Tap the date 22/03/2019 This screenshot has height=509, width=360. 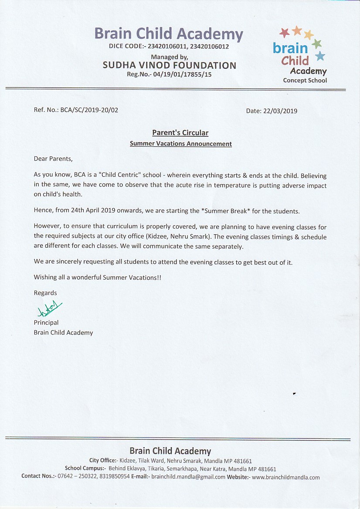click(280, 111)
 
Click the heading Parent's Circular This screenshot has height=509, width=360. click(180, 133)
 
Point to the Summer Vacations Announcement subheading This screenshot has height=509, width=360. click(180, 144)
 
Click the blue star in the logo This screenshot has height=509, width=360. click(320, 56)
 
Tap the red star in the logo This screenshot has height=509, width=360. click(285, 32)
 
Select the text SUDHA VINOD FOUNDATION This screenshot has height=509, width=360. click(169, 65)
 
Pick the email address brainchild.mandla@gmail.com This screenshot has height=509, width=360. click(188, 477)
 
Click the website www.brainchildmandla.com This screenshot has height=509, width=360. click(286, 477)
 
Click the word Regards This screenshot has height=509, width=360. click(45, 293)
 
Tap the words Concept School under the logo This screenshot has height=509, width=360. click(305, 81)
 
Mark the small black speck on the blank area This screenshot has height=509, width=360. click(295, 393)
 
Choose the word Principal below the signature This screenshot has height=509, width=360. click(46, 323)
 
